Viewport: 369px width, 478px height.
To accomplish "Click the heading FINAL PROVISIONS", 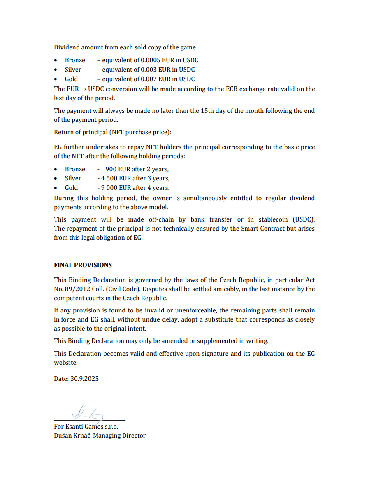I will click(x=83, y=265).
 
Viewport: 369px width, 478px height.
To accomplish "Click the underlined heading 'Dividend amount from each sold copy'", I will click(x=125, y=47).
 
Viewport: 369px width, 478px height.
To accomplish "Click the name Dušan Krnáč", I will click(x=72, y=436).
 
